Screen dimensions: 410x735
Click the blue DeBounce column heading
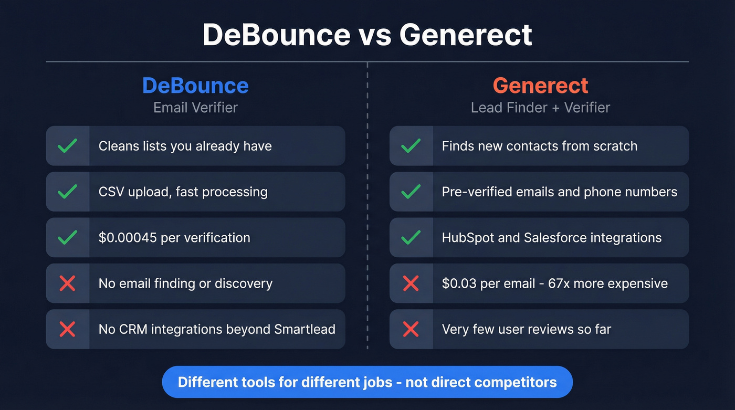195,86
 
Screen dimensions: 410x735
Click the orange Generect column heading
540,86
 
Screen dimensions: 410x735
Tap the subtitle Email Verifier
195,108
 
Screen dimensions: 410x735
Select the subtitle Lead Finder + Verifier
540,108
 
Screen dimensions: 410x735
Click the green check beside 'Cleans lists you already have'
68,146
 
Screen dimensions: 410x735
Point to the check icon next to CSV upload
68,192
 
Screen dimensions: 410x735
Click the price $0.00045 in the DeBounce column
128,238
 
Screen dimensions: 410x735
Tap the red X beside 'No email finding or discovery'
68,283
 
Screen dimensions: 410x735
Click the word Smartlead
304,330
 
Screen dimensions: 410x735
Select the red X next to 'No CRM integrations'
68,330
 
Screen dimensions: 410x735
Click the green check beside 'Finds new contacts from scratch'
411,146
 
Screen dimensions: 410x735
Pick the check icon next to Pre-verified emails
411,192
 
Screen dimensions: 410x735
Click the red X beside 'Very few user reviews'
411,330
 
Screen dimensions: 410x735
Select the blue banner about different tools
367,382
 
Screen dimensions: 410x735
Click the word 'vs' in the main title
375,35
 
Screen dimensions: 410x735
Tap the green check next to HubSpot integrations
411,238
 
